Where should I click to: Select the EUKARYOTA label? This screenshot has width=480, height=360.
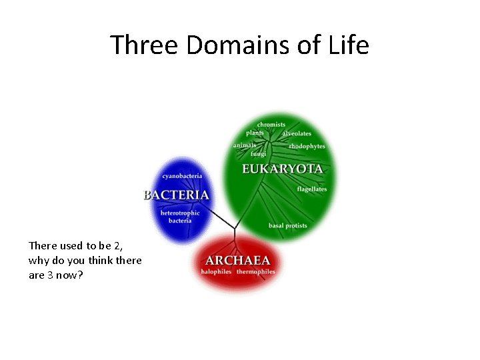pyautogui.click(x=283, y=169)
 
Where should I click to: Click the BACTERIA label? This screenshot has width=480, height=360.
pyautogui.click(x=177, y=195)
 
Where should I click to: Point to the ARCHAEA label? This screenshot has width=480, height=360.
pyautogui.click(x=238, y=260)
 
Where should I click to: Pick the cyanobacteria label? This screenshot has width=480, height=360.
pyautogui.click(x=182, y=176)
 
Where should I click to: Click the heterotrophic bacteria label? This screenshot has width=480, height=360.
pyautogui.click(x=180, y=217)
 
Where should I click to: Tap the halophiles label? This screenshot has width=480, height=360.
pyautogui.click(x=216, y=272)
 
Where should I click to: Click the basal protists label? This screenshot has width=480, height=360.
pyautogui.click(x=288, y=225)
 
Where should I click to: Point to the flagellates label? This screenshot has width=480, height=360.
pyautogui.click(x=312, y=189)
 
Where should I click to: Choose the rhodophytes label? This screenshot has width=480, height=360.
pyautogui.click(x=307, y=146)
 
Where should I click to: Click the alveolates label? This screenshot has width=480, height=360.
pyautogui.click(x=297, y=133)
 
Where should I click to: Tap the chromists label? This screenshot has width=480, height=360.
pyautogui.click(x=271, y=124)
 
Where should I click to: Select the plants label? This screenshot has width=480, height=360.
pyautogui.click(x=255, y=133)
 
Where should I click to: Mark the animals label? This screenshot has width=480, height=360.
pyautogui.click(x=245, y=145)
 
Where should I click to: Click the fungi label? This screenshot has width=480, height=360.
pyautogui.click(x=258, y=154)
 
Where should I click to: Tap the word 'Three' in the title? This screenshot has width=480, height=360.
pyautogui.click(x=145, y=45)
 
